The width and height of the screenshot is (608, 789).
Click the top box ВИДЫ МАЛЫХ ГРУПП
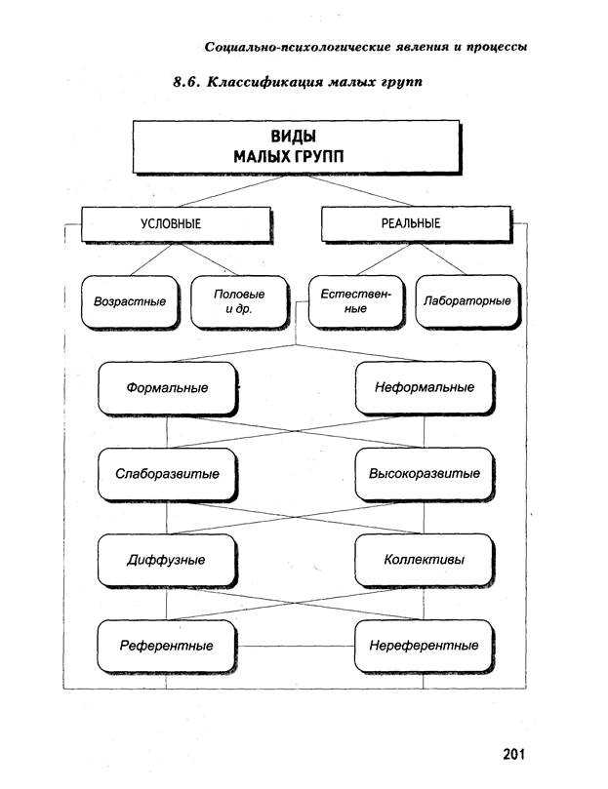click(297, 147)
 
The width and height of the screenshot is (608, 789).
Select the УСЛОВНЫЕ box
click(177, 224)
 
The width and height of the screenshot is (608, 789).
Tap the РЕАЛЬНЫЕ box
click(416, 224)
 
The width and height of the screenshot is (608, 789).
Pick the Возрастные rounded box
click(130, 302)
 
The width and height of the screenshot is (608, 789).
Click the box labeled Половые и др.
click(239, 302)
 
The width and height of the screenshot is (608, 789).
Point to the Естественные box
click(356, 301)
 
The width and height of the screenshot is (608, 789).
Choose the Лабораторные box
click(467, 301)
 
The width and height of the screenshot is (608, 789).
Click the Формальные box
click(167, 388)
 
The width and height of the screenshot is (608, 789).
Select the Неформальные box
click(425, 388)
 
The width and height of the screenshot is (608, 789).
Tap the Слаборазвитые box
click(167, 475)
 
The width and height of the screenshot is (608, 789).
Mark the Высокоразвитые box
click(425, 474)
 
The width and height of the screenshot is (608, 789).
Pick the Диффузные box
click(167, 561)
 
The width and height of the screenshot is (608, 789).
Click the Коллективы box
click(424, 560)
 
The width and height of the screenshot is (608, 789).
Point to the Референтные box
click(167, 647)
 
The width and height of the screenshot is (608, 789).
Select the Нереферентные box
click(424, 646)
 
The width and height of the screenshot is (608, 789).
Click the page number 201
click(513, 754)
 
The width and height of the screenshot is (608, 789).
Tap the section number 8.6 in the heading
click(186, 82)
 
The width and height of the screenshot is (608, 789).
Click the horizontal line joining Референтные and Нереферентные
click(296, 646)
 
